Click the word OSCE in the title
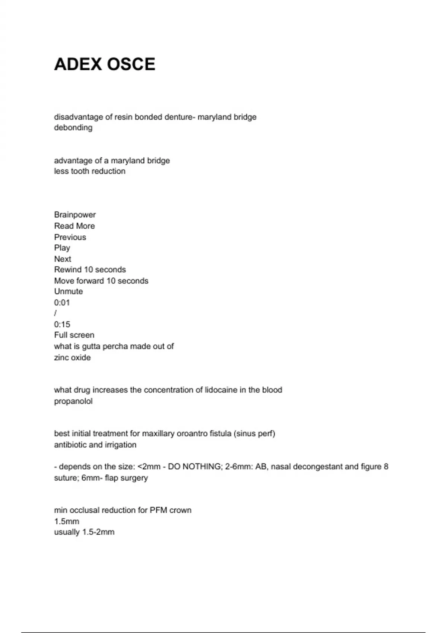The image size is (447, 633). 131,64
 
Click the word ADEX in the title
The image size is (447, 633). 78,64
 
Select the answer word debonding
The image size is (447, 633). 73,128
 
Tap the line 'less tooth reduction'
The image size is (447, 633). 90,171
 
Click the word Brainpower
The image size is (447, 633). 75,215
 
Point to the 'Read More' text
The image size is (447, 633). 74,226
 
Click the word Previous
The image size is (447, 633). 70,237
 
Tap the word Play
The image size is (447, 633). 62,248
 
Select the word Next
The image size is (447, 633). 63,259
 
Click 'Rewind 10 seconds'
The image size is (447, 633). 90,270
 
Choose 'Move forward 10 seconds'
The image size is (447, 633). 101,281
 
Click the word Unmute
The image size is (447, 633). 69,292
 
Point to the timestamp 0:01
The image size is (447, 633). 62,303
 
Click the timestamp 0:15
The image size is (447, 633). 62,324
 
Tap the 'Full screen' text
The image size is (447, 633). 74,335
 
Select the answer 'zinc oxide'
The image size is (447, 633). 72,357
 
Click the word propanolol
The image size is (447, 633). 73,401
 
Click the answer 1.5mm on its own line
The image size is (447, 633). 67,521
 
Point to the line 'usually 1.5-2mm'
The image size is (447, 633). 84,532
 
